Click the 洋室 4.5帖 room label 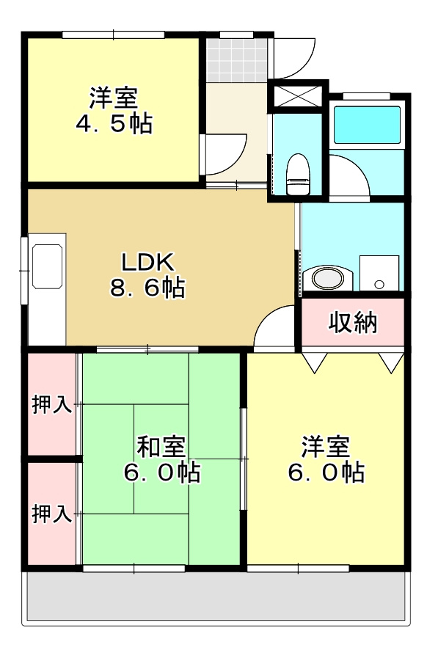114,110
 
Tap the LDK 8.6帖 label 147,274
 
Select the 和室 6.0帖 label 161,459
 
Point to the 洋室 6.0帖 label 325,459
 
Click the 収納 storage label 353,321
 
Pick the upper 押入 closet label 51,404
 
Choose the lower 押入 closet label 51,514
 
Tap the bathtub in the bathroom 367,125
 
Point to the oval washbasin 326,279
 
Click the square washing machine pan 379,274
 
